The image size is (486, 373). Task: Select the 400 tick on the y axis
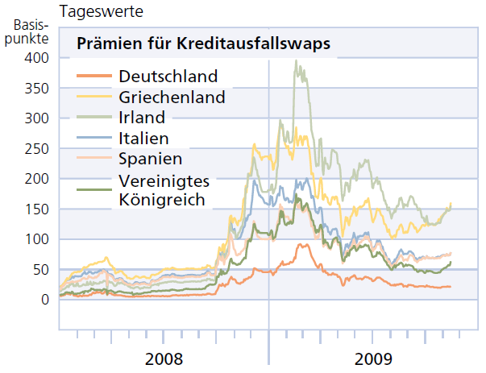(37, 58)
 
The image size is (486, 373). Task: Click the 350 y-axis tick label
(37, 89)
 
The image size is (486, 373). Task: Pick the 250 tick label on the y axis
(37, 149)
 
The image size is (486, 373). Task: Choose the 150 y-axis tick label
(37, 209)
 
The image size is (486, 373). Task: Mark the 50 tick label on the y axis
(40, 270)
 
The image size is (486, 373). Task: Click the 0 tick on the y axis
(44, 300)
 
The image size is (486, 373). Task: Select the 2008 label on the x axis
(164, 358)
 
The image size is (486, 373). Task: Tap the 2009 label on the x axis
(372, 358)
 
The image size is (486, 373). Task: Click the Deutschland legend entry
(168, 77)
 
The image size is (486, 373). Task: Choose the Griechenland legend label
(172, 97)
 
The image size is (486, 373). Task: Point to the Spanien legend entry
(150, 158)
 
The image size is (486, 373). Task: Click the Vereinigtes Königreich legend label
(161, 188)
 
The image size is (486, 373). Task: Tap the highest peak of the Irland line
(296, 60)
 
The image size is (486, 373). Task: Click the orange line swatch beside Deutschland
(93, 77)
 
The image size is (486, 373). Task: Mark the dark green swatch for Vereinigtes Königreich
(93, 189)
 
